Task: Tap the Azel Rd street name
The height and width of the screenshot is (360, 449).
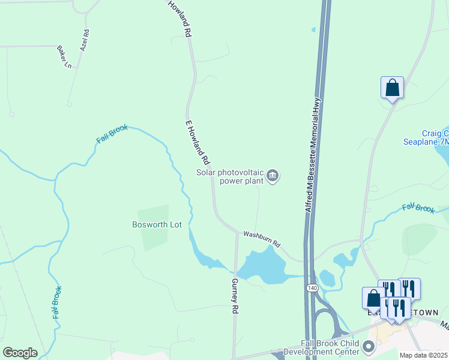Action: point(85,40)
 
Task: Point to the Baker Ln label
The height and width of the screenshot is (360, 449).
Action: point(64,56)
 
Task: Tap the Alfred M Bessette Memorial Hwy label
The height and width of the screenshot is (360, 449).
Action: point(314,155)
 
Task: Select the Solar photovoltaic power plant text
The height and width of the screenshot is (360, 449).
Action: point(230,176)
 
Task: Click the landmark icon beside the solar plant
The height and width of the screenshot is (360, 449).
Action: point(273,176)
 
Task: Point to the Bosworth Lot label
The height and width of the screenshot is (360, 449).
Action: point(153,225)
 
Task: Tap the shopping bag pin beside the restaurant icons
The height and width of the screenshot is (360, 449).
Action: point(373,298)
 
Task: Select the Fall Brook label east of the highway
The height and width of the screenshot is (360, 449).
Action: point(418,208)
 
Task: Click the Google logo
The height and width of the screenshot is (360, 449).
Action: point(20,353)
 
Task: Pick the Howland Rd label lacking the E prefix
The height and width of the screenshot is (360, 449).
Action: point(180,19)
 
